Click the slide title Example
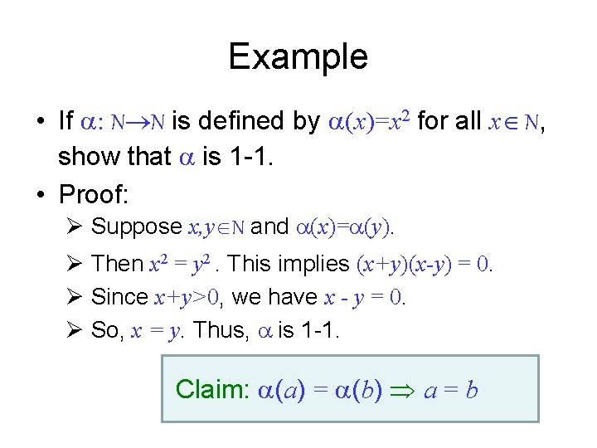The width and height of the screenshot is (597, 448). (x=298, y=56)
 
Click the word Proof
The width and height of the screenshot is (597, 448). (x=93, y=194)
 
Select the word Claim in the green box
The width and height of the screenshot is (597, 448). (x=207, y=388)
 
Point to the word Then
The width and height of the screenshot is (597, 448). (x=117, y=264)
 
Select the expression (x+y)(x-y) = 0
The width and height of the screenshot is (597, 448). (x=425, y=265)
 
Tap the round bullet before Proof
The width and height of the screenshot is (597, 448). (x=41, y=194)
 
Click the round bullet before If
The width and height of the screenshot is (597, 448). (x=41, y=122)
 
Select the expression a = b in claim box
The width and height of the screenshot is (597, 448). (x=450, y=389)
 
